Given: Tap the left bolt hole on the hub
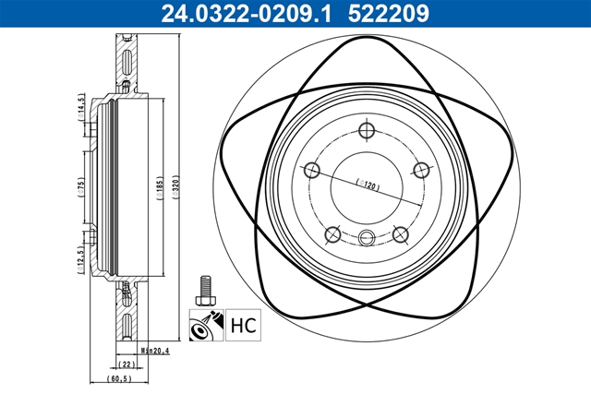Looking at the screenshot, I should pos(311,170).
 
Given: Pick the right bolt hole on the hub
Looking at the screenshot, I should pos(423,170).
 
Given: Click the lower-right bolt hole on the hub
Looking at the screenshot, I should pos(401,234).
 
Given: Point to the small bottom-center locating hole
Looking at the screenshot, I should pos(367,238).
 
